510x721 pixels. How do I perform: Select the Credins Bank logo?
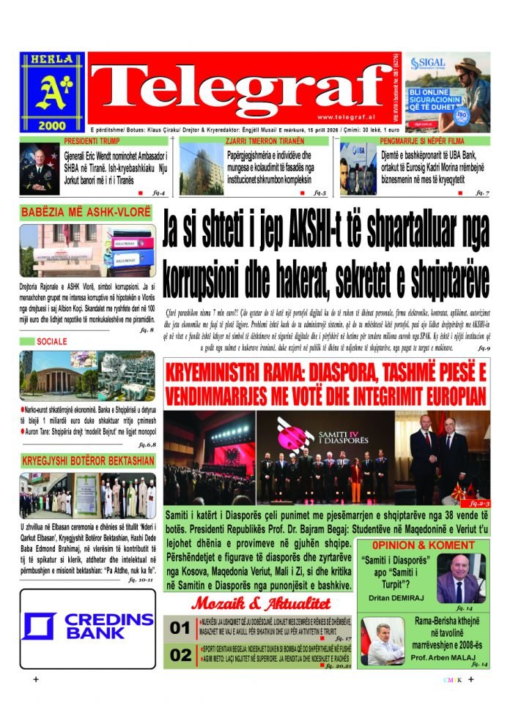pyautogui.click(x=88, y=627)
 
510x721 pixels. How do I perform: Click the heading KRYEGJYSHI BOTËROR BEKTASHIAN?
pyautogui.click(x=87, y=460)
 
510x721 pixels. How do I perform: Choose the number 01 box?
pyautogui.click(x=180, y=628)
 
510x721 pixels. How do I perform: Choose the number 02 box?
pyautogui.click(x=180, y=655)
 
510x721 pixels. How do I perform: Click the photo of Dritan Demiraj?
pyautogui.click(x=459, y=578)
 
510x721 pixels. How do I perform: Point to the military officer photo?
pyautogui.click(x=40, y=169)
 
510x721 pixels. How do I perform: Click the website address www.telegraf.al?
pyautogui.click(x=344, y=117)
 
